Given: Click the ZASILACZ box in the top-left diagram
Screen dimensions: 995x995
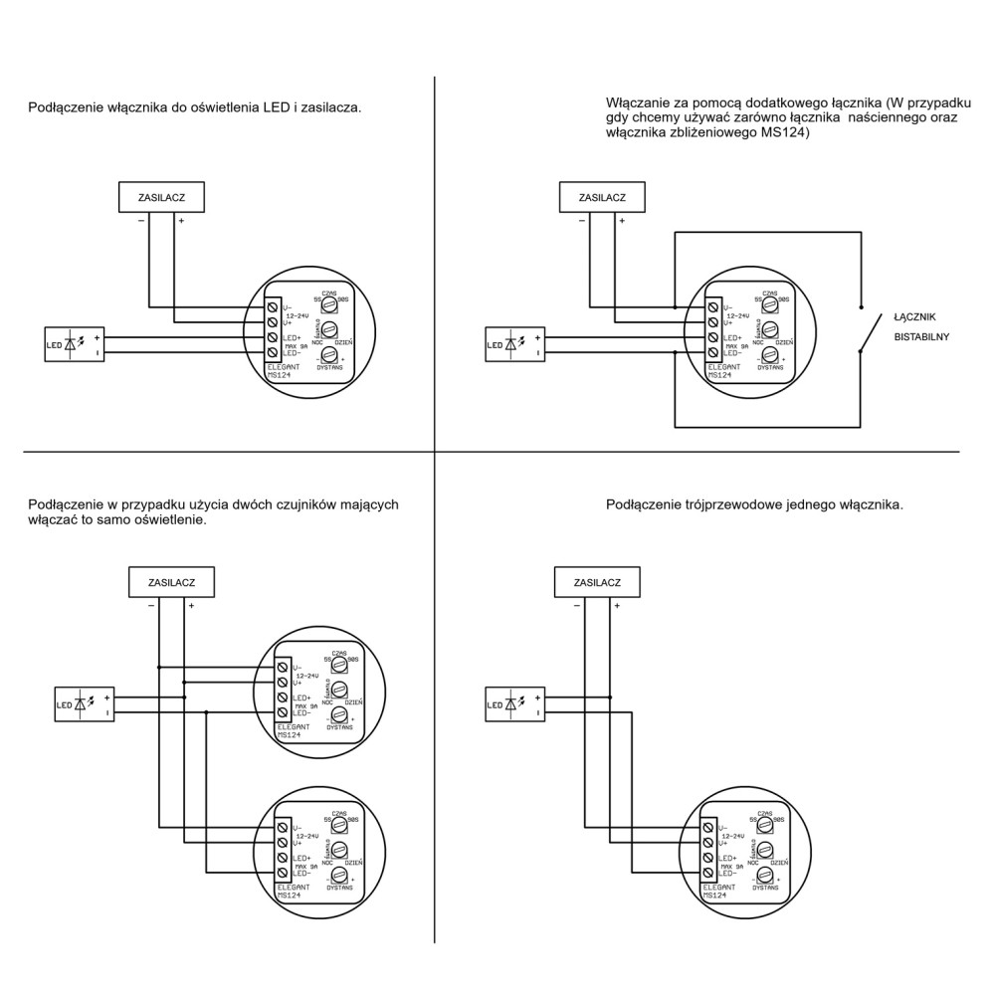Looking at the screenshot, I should [x=163, y=197].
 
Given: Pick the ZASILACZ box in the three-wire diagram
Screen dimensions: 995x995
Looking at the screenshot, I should [x=597, y=582].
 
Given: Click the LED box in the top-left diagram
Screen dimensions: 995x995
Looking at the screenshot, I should [x=75, y=344].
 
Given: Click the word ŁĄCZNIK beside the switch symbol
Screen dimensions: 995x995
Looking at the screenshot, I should [x=914, y=316].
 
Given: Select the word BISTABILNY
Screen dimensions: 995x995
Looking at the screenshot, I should [x=921, y=336].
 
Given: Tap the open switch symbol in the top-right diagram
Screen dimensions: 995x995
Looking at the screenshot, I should [x=871, y=328].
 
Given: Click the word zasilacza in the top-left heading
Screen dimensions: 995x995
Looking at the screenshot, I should [x=330, y=106].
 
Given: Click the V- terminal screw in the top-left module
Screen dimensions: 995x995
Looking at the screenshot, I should [x=272, y=306].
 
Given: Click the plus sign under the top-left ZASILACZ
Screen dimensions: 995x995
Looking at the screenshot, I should [x=180, y=220].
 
